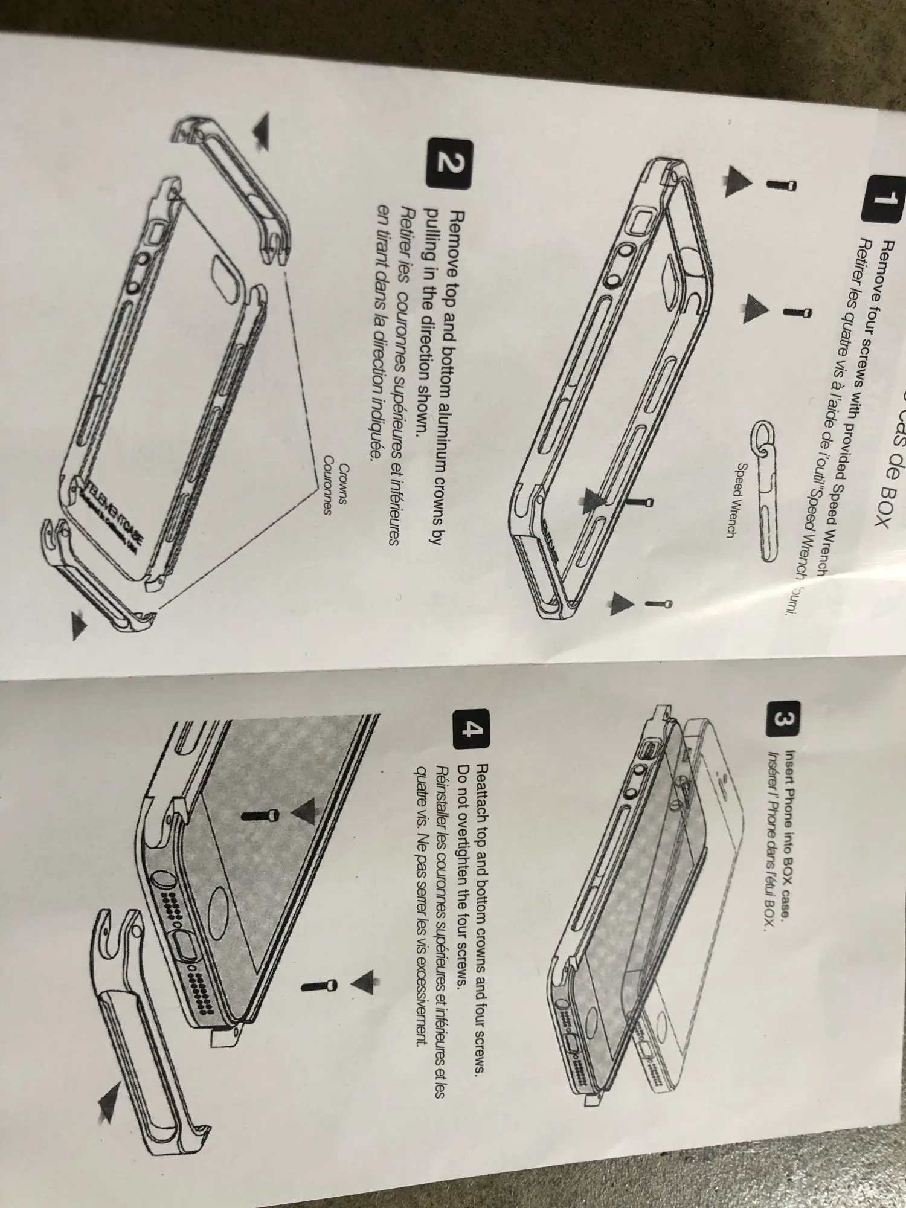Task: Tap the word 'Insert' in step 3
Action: pos(790,763)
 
